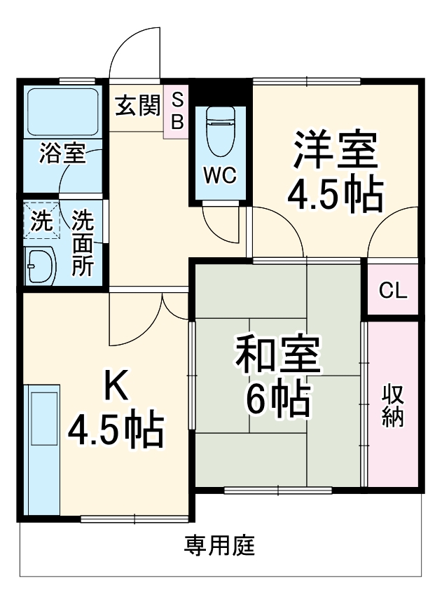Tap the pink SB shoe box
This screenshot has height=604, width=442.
point(177,111)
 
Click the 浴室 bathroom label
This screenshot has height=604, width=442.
point(62,153)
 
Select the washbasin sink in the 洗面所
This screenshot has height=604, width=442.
point(41,266)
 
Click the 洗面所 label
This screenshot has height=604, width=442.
point(84,243)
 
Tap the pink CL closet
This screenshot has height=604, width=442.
point(393,290)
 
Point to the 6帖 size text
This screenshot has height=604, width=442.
point(277,399)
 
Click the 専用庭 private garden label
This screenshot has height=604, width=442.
point(220,545)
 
